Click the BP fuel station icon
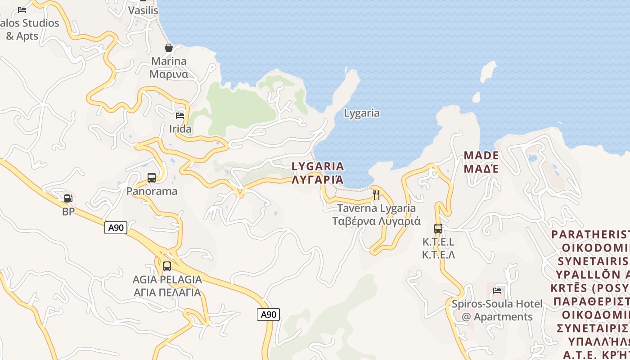68,198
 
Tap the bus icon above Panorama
152,178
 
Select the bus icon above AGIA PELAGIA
167,266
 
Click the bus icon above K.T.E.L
438,228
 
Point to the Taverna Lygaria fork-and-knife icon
376,194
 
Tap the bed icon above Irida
180,115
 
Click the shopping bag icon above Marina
169,48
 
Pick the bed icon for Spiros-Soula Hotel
497,290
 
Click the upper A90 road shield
116,228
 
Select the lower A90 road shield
268,315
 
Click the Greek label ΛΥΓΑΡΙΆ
318,180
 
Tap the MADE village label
481,156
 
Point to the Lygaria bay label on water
362,113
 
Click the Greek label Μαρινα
169,74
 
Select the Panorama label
152,191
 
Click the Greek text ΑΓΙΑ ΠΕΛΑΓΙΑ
167,292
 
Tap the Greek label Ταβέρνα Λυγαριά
376,221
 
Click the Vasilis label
143,10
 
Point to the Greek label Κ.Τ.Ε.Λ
438,255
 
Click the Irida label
180,129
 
